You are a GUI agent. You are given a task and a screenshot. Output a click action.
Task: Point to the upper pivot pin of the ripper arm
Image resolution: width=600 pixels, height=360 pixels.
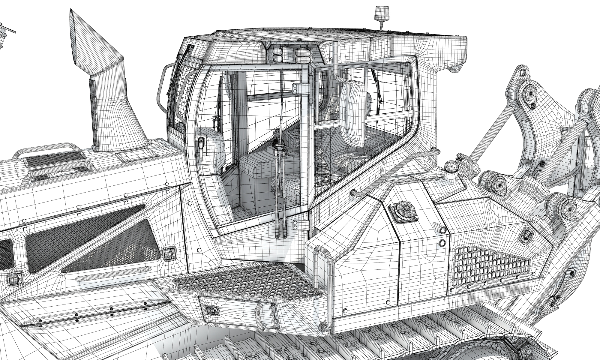[529, 94]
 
